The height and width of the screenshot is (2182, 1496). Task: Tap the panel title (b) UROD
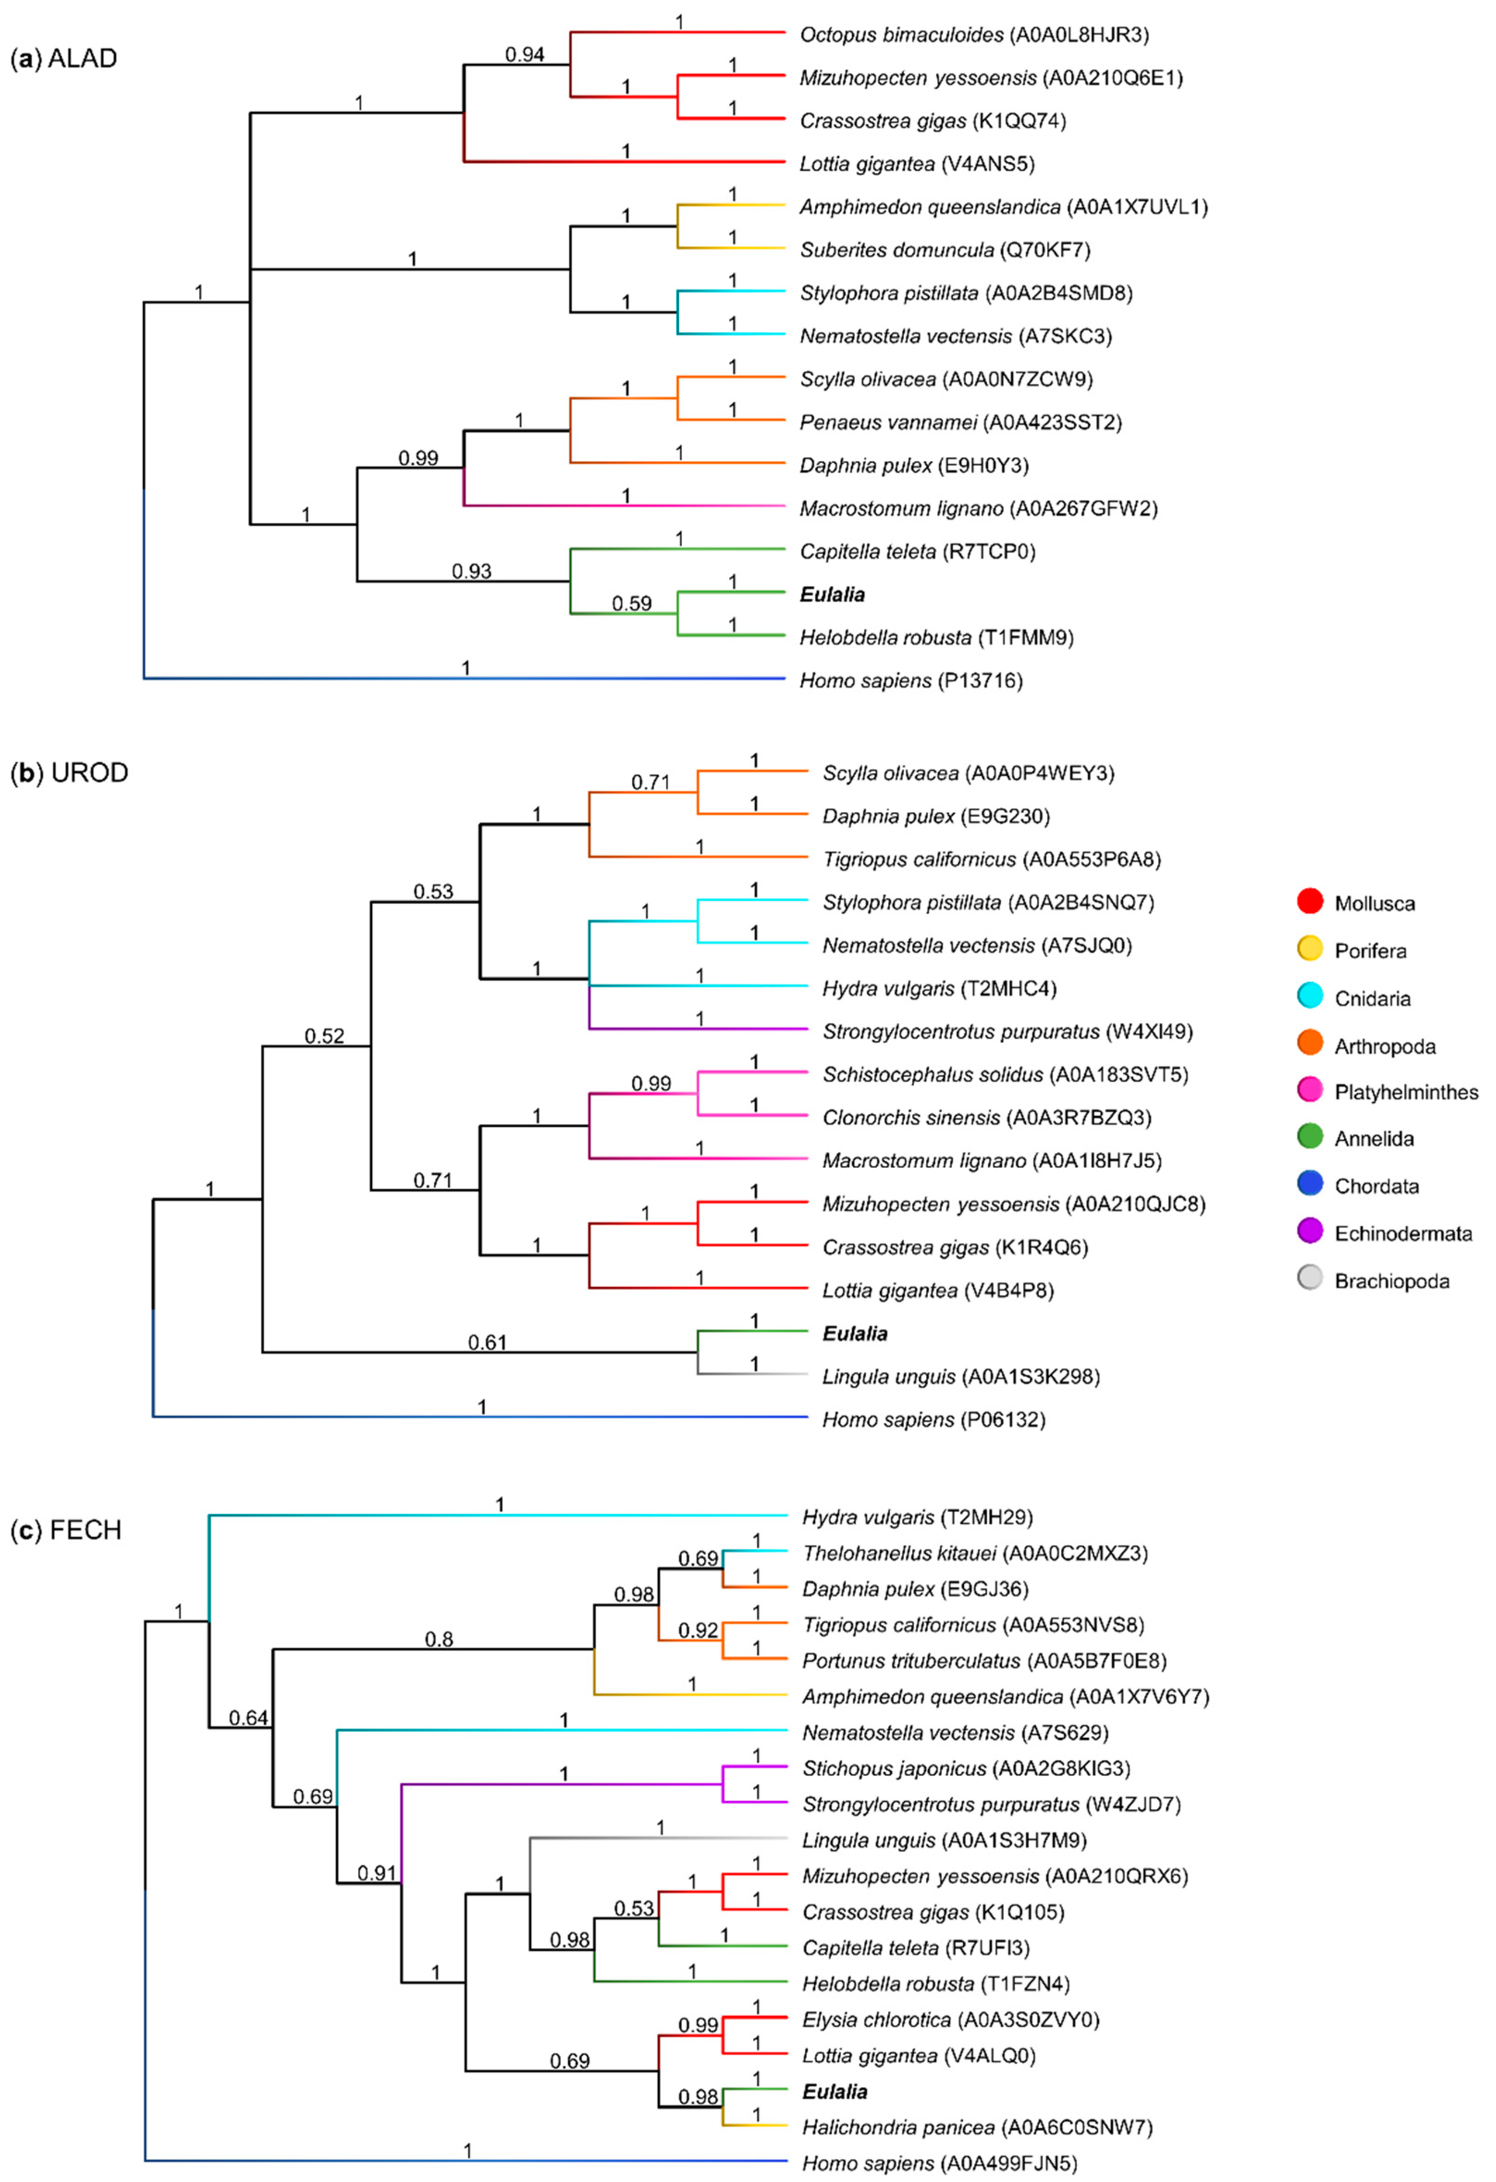(x=69, y=773)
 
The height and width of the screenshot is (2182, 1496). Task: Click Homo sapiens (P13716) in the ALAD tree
(x=910, y=681)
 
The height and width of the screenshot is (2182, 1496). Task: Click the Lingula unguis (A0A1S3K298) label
(x=960, y=1376)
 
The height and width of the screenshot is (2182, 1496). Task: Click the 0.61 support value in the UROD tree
(x=487, y=1343)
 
